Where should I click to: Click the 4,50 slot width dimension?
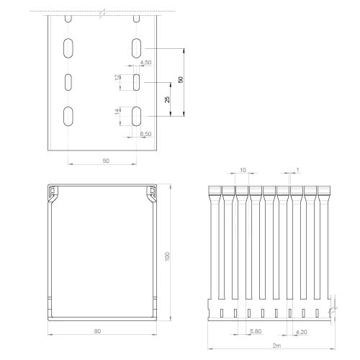(x=146, y=63)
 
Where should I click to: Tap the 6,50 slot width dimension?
(x=146, y=134)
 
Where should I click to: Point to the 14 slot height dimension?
(x=117, y=112)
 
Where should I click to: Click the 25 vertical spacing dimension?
(x=167, y=99)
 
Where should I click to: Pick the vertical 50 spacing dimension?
(x=181, y=79)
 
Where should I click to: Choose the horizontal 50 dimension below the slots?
(x=106, y=161)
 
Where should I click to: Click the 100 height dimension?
(x=167, y=256)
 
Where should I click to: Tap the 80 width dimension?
(x=97, y=331)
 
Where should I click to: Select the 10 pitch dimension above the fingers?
(x=243, y=170)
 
